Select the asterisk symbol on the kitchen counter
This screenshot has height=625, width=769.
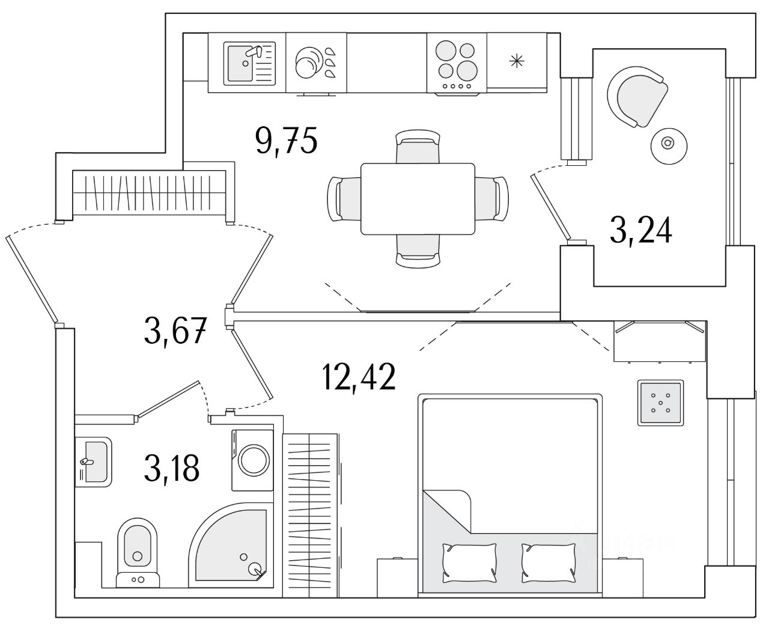pyautogui.click(x=516, y=61)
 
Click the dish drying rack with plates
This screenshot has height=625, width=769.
pyautogui.click(x=316, y=62)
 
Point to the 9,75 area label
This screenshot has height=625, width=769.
pyautogui.click(x=286, y=142)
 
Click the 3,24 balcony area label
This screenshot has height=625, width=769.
pyautogui.click(x=640, y=230)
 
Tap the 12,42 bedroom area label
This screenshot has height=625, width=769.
pyautogui.click(x=359, y=377)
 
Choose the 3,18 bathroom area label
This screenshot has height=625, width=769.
pyautogui.click(x=171, y=469)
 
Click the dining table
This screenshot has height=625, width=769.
pyautogui.click(x=418, y=199)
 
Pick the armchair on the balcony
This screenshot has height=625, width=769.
pyautogui.click(x=637, y=96)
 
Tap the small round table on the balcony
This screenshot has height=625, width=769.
pyautogui.click(x=667, y=144)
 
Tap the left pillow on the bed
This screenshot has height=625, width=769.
pyautogui.click(x=469, y=562)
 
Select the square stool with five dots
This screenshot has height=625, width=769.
pyautogui.click(x=660, y=403)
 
